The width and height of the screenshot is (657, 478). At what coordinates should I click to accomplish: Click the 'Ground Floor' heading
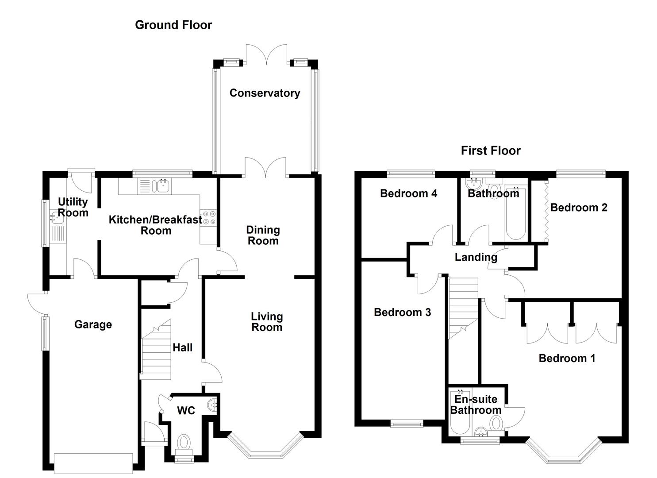tap(173, 25)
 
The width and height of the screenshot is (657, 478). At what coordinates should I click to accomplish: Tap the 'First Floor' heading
tap(491, 151)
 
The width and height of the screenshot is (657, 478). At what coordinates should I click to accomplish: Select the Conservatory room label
tap(265, 93)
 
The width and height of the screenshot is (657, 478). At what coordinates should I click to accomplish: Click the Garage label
tap(93, 325)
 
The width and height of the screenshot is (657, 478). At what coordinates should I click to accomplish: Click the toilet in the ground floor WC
tap(183, 442)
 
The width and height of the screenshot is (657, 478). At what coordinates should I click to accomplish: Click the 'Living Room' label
tap(267, 322)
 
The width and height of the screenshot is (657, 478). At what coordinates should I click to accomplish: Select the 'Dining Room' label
tap(263, 235)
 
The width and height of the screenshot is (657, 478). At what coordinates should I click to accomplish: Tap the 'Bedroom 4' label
tap(408, 193)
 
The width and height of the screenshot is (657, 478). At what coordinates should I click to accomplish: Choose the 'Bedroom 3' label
tap(402, 312)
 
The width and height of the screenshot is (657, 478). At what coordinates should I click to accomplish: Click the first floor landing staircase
tap(463, 305)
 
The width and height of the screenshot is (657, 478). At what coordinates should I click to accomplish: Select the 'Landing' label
tap(476, 257)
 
